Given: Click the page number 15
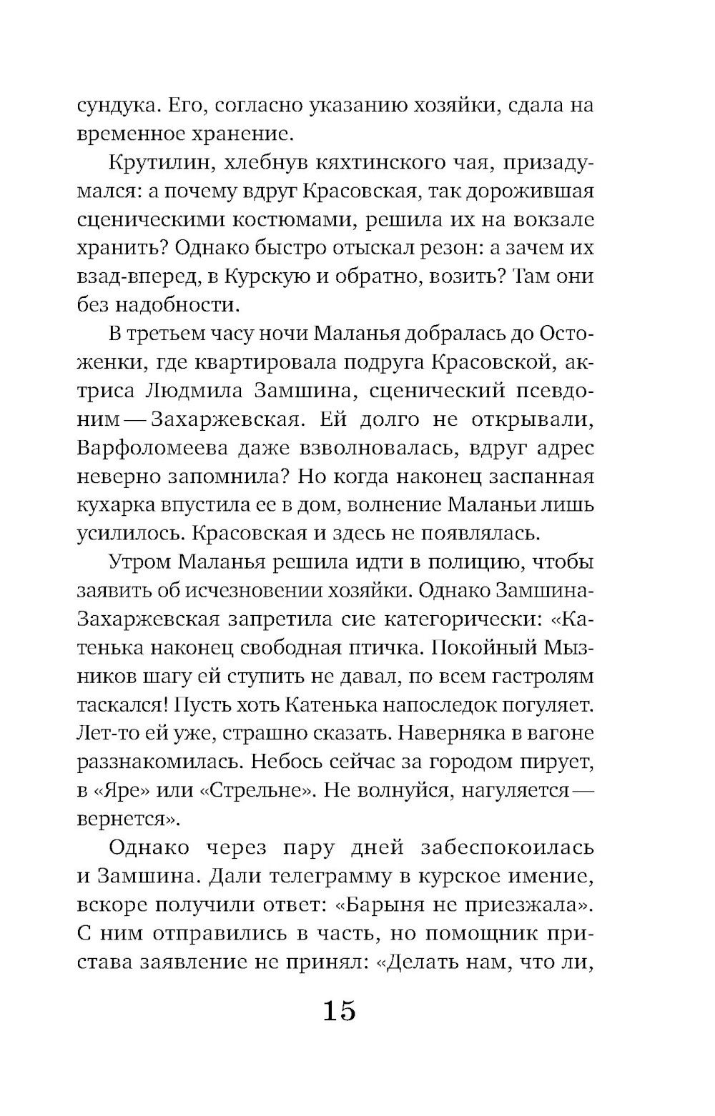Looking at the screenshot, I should pyautogui.click(x=339, y=1011).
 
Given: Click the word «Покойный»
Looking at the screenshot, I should pyautogui.click(x=485, y=647).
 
